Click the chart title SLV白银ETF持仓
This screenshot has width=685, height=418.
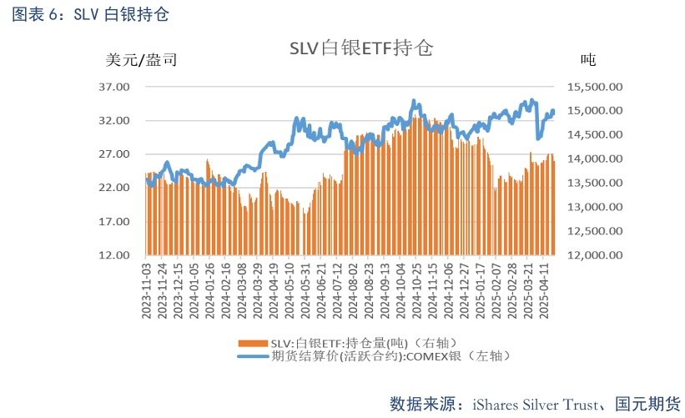tap(361, 48)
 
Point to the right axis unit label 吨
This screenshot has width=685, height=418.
tap(587, 60)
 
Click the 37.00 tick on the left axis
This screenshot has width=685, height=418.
tap(114, 87)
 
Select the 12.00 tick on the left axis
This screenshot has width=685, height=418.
tap(114, 255)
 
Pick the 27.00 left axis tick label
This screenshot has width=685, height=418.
tap(114, 154)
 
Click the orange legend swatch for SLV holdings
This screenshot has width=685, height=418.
tap(253, 343)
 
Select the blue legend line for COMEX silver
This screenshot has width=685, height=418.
tap(253, 356)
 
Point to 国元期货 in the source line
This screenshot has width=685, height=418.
tap(647, 404)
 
